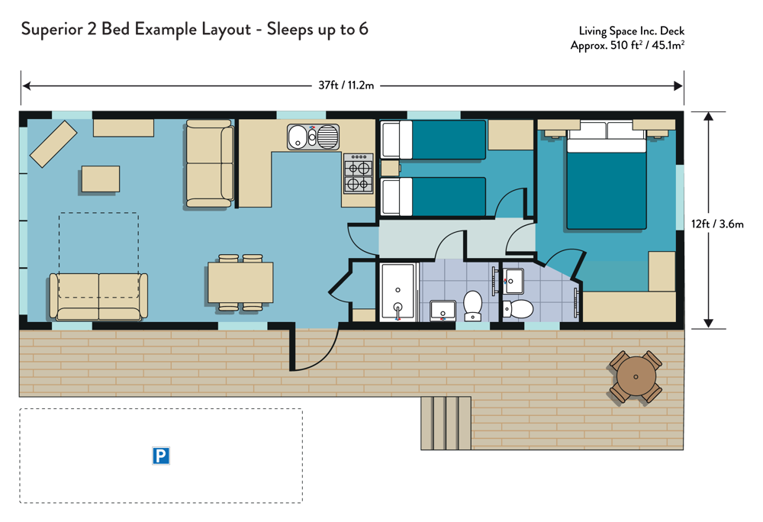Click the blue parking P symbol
pos(160,456)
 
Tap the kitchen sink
pos(313,137)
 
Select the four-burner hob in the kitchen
pos(359,173)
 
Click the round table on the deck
pos(636,376)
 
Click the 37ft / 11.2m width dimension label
pos(346,85)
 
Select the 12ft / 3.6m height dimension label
pos(717,224)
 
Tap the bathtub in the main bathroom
pos(398,292)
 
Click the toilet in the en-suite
pos(518,309)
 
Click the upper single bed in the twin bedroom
pos(433,140)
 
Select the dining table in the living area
pos(240,282)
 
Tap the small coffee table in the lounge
pos(101,179)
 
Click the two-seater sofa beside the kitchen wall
pos(209,164)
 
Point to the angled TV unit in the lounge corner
pos(53,144)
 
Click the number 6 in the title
pos(363,29)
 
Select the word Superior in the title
pos(52,30)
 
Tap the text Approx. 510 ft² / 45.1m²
pos(628,45)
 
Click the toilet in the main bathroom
pos(472,305)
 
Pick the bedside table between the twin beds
pos(390,169)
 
